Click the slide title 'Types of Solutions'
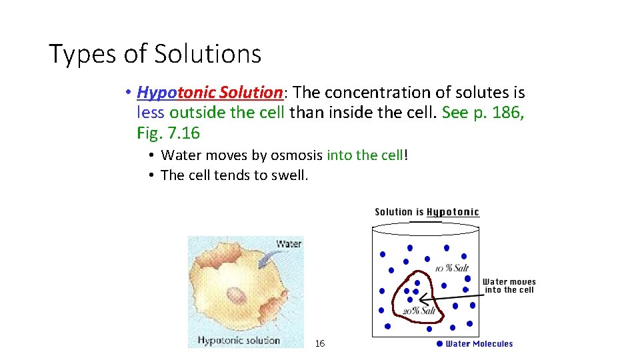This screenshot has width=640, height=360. (155, 54)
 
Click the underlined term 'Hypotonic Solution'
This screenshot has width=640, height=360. (210, 93)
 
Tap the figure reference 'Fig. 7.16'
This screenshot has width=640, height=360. (168, 133)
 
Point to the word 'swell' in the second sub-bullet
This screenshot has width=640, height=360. (289, 175)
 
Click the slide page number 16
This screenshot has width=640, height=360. (320, 343)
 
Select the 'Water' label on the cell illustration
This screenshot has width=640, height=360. (288, 244)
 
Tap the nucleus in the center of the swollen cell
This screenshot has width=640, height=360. (235, 295)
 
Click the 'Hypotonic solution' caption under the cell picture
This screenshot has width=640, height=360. (239, 341)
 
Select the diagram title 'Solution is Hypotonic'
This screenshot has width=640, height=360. (427, 212)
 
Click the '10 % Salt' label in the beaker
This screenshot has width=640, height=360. (451, 268)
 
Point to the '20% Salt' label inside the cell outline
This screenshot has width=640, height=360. (419, 311)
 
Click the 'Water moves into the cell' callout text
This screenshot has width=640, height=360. (509, 285)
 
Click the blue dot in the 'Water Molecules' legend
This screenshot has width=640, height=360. (439, 344)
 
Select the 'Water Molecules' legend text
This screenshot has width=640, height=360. (479, 344)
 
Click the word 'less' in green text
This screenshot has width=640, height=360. (150, 113)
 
